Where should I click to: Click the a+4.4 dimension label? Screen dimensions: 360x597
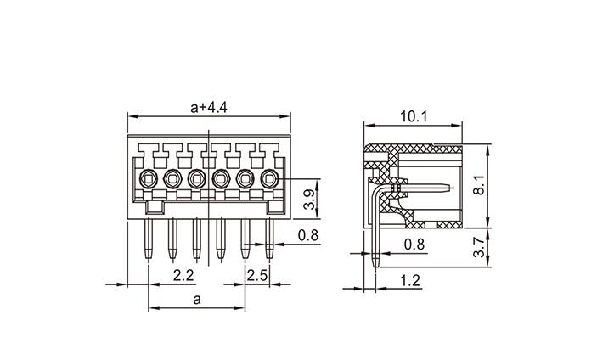pyautogui.click(x=209, y=107)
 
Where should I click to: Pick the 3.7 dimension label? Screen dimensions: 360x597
pyautogui.click(x=480, y=247)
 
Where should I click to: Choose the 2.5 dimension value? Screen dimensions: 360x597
pyautogui.click(x=258, y=275)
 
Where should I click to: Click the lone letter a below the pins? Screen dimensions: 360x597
pyautogui.click(x=197, y=299)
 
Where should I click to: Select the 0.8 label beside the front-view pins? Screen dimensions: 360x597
pyautogui.click(x=308, y=234)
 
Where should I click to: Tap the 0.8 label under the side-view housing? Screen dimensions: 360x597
pyautogui.click(x=413, y=245)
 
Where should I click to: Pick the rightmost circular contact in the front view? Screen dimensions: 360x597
pyautogui.click(x=270, y=178)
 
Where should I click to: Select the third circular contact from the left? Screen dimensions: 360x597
pyautogui.click(x=197, y=178)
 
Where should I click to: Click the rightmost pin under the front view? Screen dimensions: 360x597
pyautogui.click(x=270, y=238)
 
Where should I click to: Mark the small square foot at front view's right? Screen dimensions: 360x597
pyautogui.click(x=275, y=206)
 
